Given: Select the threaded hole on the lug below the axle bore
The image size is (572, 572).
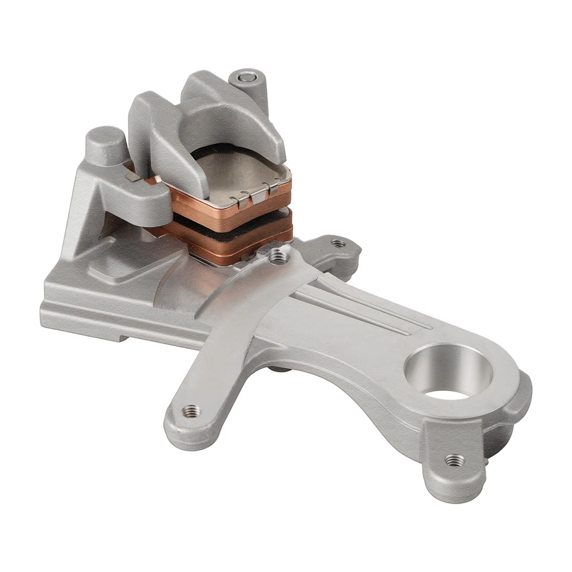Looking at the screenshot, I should (x=455, y=459).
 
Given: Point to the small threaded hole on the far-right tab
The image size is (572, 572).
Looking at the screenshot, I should (x=338, y=243).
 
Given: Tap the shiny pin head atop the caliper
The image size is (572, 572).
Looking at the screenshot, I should (x=245, y=76).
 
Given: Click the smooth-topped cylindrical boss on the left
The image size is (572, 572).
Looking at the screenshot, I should (x=105, y=140).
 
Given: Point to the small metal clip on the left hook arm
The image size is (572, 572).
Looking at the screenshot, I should (x=133, y=176).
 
